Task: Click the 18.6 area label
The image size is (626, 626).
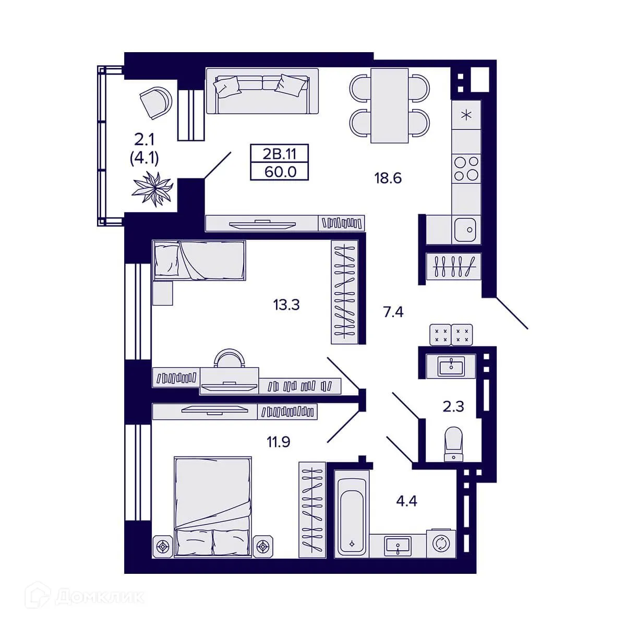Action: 388,178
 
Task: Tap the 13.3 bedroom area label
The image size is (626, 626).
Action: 286,304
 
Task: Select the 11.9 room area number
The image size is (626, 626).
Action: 279,442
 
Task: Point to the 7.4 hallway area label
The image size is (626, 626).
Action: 393,312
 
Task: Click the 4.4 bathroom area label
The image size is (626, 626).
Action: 407,502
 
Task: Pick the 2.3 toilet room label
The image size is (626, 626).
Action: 453,406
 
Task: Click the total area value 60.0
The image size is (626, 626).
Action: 280,172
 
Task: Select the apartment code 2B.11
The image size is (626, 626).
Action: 280,154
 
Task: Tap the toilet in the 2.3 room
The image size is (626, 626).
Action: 453,443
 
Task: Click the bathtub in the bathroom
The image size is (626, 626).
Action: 352,514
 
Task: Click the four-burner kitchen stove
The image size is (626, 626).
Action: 465,168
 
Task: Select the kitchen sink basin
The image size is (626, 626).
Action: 465,229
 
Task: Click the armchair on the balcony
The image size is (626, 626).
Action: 155,102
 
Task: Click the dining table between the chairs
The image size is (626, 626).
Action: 389,105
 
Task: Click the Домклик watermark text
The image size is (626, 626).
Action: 99,596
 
